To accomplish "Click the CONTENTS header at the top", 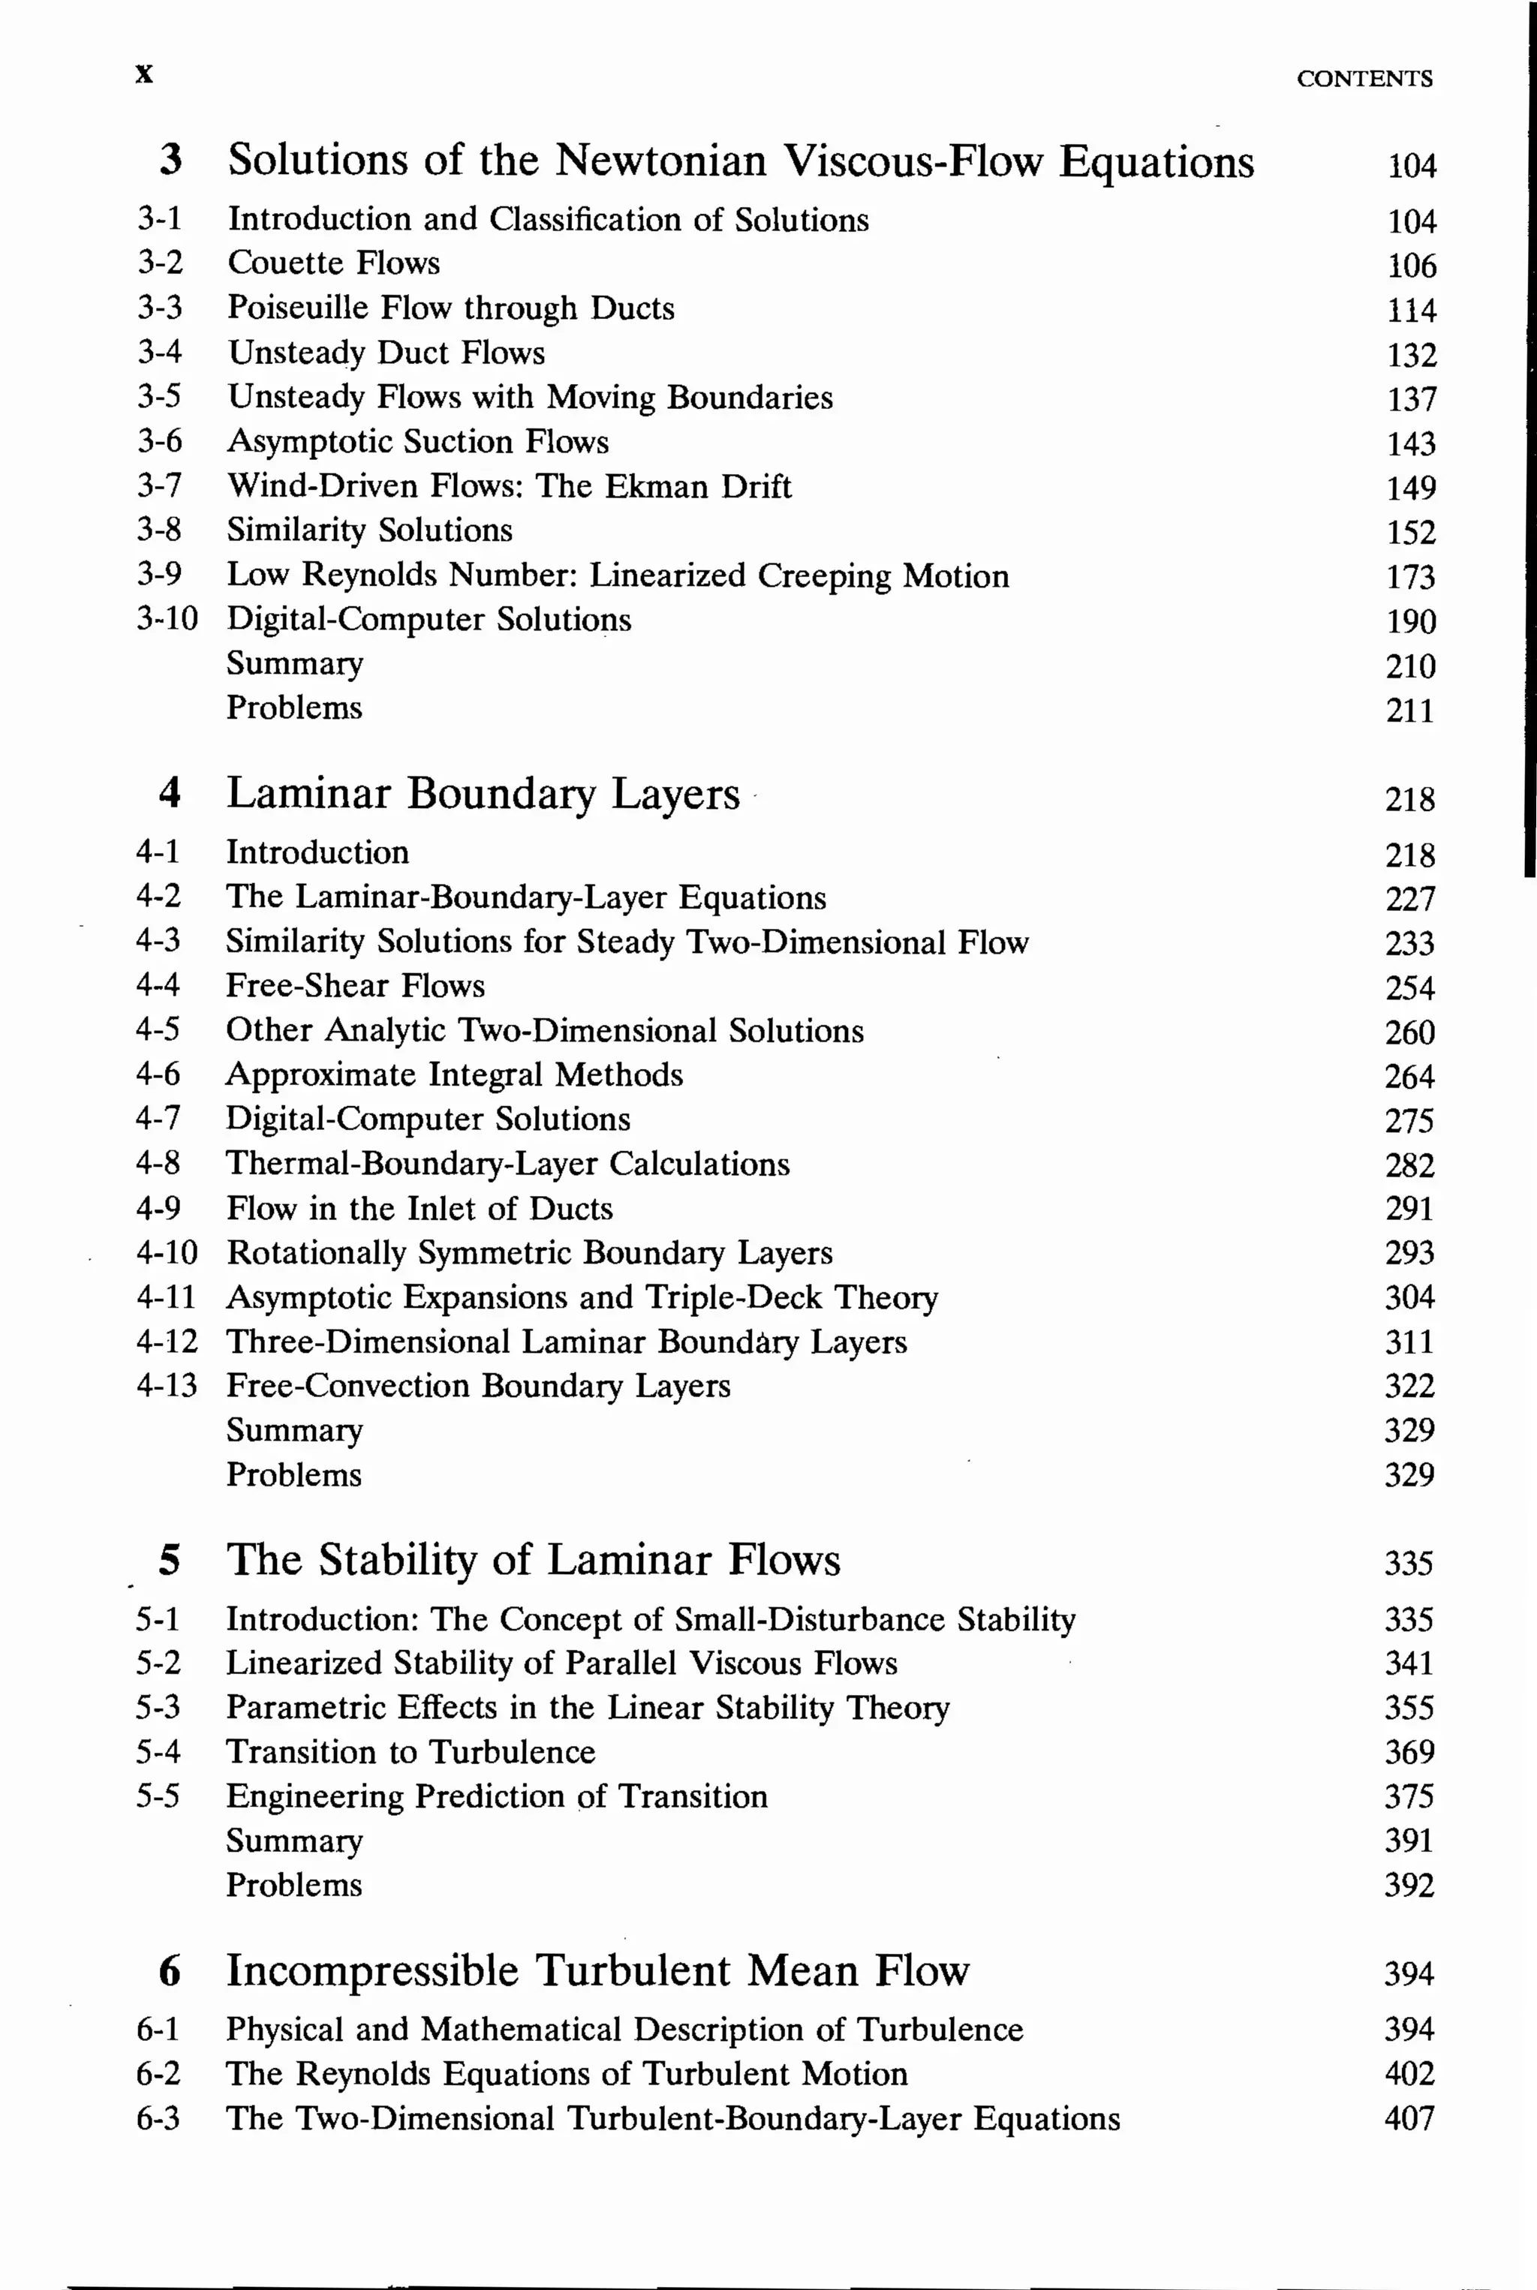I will point(1364,78).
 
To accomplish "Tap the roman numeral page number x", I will point(144,74).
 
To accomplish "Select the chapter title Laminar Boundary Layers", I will point(483,794).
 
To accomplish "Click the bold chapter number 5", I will point(170,1560).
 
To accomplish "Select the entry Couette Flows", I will point(333,263).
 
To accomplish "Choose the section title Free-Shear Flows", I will point(355,986).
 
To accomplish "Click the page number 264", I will point(1409,1076).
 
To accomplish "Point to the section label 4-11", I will point(166,1297).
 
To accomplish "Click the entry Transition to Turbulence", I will point(410,1751).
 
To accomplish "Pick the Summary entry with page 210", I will point(294,664).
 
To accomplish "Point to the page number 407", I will point(1409,2118).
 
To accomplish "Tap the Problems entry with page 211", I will point(294,708).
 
